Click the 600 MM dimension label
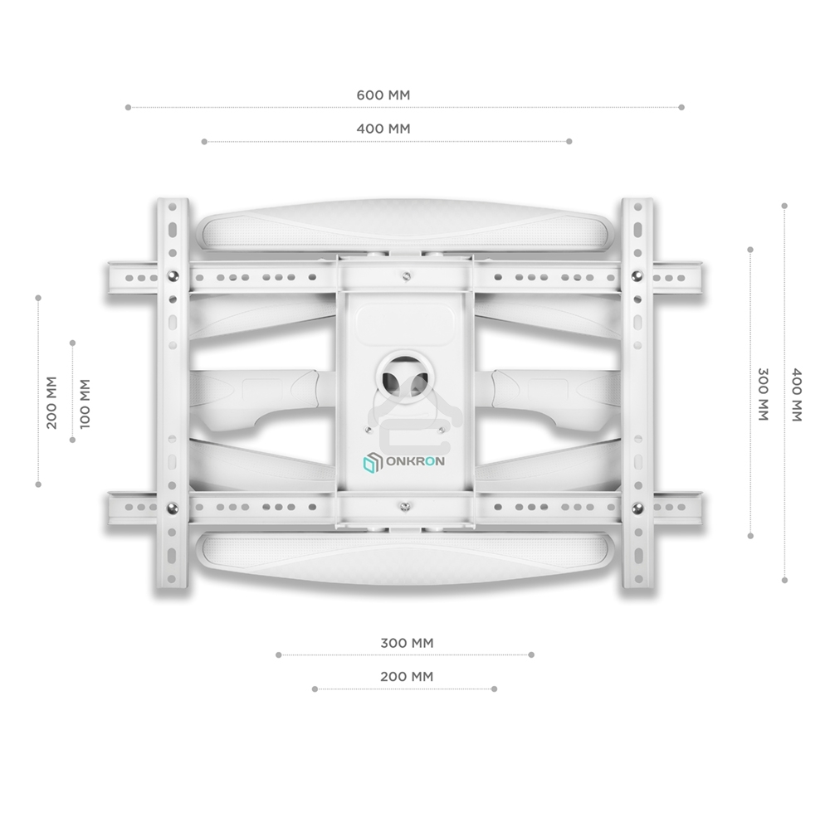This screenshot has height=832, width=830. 383,95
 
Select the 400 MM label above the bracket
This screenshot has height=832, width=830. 383,129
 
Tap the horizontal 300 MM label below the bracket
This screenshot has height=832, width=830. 407,643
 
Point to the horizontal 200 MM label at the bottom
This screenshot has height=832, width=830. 407,677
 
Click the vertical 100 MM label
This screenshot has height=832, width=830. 84,403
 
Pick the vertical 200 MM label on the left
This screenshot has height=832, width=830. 51,403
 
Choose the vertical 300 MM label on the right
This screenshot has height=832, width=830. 762,393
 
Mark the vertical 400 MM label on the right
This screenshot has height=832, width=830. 795,393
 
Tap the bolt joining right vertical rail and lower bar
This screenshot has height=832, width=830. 637,508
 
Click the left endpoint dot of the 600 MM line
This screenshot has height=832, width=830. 128,107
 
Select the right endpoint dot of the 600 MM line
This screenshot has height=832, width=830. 681,107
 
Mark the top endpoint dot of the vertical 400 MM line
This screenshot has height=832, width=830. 784,204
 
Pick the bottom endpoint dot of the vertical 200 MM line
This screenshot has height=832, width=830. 38,484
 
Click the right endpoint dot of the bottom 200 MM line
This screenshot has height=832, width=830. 494,688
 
